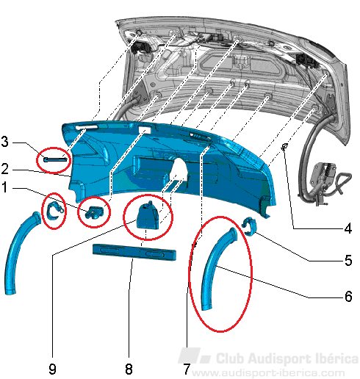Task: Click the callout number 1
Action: point(4,188)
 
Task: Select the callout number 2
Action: point(5,169)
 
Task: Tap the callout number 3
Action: point(4,142)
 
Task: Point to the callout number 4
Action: point(348,228)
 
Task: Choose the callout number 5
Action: point(348,260)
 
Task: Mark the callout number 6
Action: point(348,296)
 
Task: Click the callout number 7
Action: point(187,369)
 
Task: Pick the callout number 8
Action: point(129,369)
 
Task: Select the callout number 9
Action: point(52,369)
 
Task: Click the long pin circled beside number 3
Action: point(55,159)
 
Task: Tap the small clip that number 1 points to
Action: point(94,212)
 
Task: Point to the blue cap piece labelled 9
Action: point(148,216)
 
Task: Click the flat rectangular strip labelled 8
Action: point(134,252)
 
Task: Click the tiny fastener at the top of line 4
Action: point(284,147)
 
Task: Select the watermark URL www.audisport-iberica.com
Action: point(268,373)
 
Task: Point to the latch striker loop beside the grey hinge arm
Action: point(343,182)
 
